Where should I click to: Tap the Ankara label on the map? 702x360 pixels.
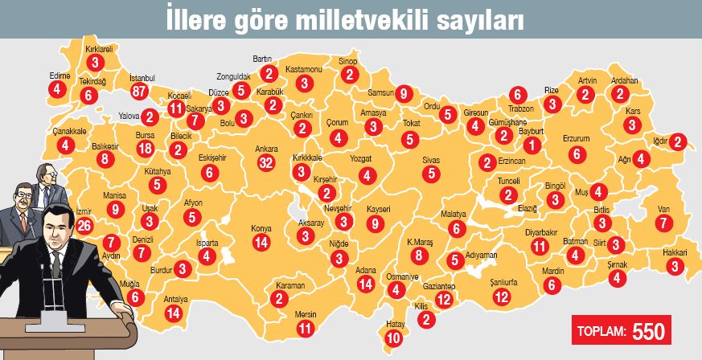266,149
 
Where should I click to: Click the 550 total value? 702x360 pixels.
649,330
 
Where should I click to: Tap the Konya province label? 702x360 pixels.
261,227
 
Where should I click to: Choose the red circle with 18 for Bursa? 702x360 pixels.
146,149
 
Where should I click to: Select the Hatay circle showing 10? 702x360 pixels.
393,337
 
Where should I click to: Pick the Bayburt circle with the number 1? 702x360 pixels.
531,145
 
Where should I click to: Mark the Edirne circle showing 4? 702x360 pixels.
57,90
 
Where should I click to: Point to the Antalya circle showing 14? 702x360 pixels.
174,313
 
